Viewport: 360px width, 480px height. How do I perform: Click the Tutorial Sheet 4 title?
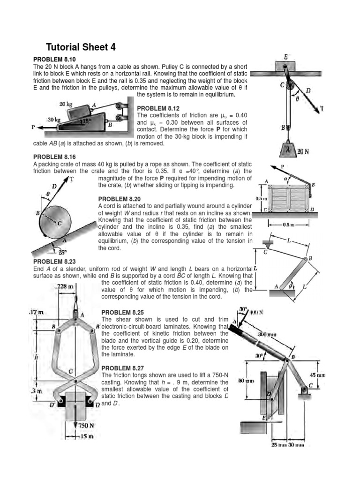pyautogui.click(x=80, y=47)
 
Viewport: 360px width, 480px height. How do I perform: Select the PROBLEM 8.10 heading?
pyautogui.click(x=54, y=60)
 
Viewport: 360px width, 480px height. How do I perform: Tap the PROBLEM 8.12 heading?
pyautogui.click(x=158, y=108)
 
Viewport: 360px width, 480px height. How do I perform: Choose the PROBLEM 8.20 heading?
pyautogui.click(x=120, y=199)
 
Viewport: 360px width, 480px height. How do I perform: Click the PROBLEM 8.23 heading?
pyautogui.click(x=54, y=262)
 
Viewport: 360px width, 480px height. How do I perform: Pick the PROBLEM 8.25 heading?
pyautogui.click(x=123, y=312)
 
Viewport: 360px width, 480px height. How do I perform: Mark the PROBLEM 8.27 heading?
pyautogui.click(x=123, y=368)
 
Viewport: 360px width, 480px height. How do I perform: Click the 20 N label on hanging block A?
pyautogui.click(x=302, y=151)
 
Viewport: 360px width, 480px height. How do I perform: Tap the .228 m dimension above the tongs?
pyautogui.click(x=64, y=286)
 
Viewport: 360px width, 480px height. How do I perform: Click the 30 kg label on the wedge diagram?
pyautogui.click(x=54, y=120)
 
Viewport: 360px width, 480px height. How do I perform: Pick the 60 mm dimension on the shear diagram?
pyautogui.click(x=246, y=381)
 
